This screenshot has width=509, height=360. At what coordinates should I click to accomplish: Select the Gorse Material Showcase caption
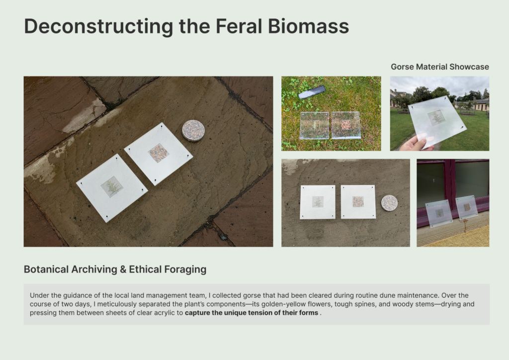coord(440,67)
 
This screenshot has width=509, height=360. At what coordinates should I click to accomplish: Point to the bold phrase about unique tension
coord(252,313)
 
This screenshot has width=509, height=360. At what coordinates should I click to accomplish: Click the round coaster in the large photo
coord(193,130)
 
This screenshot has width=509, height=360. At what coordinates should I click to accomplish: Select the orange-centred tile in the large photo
coord(159,154)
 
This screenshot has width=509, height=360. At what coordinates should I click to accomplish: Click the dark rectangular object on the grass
coord(312,92)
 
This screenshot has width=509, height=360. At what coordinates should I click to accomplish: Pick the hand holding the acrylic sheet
coord(417,142)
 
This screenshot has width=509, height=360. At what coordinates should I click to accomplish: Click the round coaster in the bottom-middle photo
coord(389,203)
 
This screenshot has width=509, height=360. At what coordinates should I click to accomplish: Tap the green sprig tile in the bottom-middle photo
coord(318,202)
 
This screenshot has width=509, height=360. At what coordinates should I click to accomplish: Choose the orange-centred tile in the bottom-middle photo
coord(358,201)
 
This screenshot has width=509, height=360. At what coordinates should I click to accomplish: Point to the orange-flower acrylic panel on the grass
coord(346,125)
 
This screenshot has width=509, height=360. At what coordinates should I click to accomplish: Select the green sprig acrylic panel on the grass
coord(315,125)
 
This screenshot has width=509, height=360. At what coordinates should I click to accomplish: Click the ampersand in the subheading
coord(123,270)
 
